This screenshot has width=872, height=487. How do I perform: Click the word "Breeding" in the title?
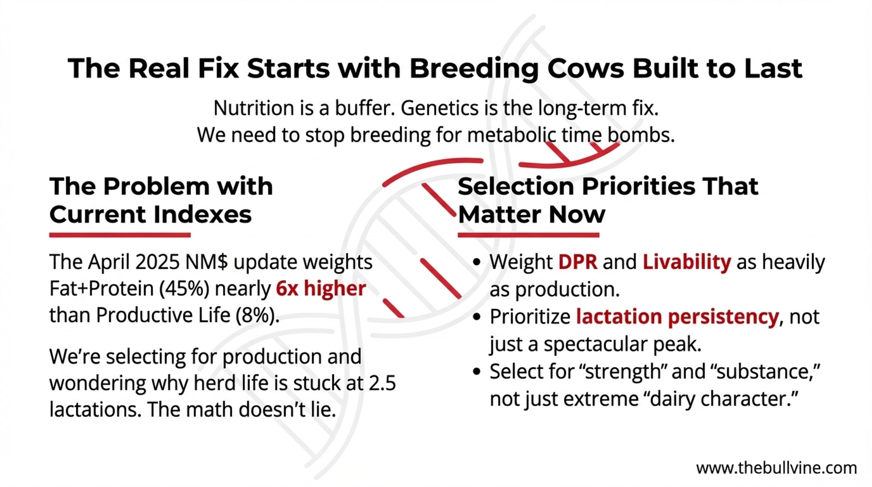[474, 69]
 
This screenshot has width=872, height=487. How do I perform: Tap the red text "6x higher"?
[321, 288]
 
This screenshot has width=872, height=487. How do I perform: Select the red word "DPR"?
[578, 262]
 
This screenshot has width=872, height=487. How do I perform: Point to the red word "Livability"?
[687, 262]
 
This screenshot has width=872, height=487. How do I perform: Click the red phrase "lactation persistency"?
[677, 317]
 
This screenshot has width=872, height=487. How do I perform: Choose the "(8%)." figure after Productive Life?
[257, 315]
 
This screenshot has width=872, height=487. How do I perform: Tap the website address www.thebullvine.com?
[777, 468]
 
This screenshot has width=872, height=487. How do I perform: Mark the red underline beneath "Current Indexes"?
[120, 235]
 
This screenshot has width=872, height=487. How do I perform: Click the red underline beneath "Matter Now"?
[528, 235]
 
